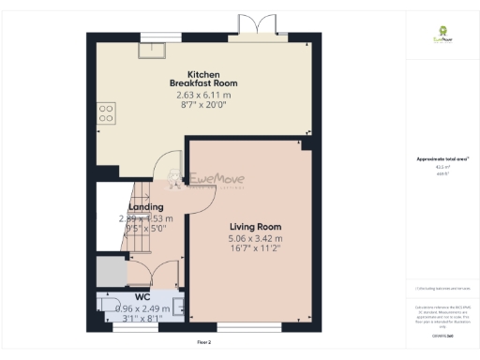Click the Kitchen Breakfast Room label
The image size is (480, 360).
tap(203, 79)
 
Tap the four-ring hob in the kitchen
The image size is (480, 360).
tap(106, 114)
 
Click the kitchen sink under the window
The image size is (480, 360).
tap(150, 52)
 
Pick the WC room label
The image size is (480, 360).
tap(142, 297)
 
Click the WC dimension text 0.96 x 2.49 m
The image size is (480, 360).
tap(142, 307)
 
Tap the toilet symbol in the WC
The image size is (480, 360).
tap(106, 306)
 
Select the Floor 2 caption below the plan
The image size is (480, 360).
tap(204, 343)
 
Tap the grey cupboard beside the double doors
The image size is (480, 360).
tap(110, 272)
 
